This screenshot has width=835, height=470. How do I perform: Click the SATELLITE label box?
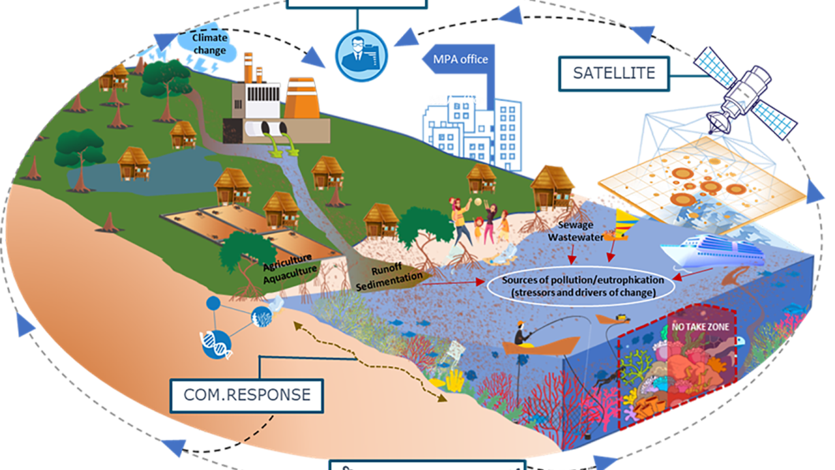[613, 72]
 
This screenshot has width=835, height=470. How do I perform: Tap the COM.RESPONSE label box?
[247, 394]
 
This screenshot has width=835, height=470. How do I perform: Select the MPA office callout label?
[461, 59]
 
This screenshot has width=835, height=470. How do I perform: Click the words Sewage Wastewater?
[575, 232]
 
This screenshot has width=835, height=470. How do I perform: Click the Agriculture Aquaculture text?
[290, 266]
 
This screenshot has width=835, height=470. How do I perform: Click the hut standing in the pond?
[134, 163]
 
